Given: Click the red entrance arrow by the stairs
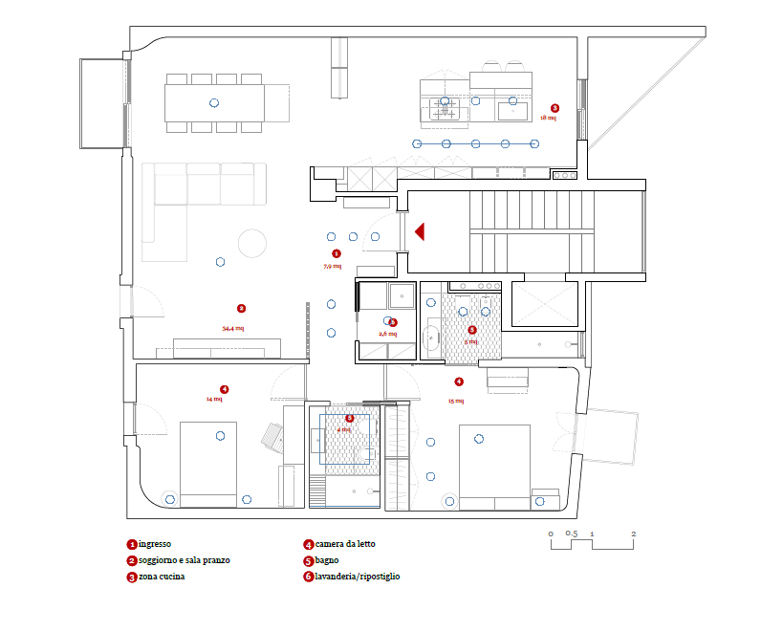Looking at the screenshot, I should pos(419,230).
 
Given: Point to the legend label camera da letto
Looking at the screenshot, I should pos(345,544).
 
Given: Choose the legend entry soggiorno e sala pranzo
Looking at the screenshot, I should pos(184,560).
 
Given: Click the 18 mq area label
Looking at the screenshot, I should pos(548,118).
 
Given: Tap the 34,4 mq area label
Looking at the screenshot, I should pos(232,328).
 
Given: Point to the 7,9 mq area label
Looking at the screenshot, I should pos(332,266).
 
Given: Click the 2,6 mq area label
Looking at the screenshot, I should pos(387,334).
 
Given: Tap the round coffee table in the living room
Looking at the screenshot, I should pos(252,243).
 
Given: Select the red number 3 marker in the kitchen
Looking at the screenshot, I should pos(555,108).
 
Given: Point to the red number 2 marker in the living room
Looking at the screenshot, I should pos(241,308).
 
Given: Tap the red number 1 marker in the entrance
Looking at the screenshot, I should pos(336,253).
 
